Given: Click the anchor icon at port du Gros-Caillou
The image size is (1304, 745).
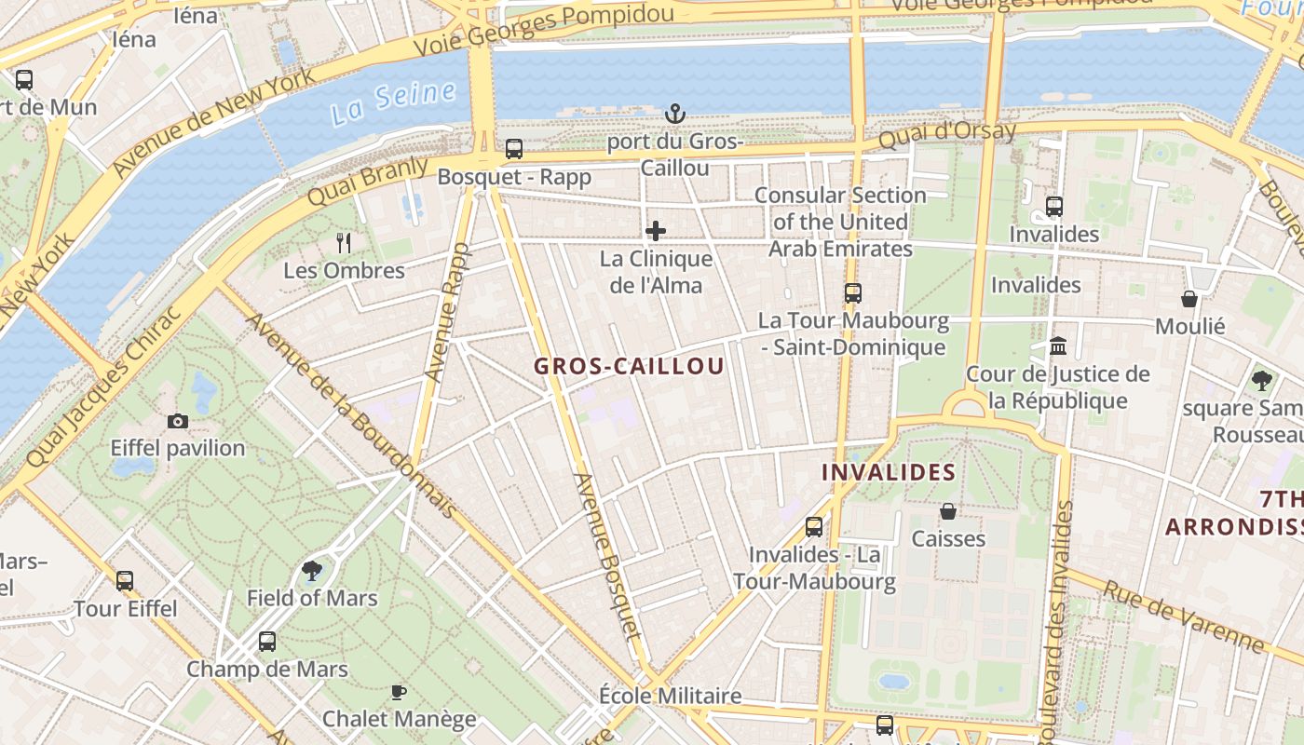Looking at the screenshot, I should pyautogui.click(x=674, y=114).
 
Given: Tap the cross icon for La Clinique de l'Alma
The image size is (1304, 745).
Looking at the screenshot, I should pyautogui.click(x=656, y=231).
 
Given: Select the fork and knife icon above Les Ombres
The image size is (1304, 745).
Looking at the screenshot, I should pyautogui.click(x=344, y=243).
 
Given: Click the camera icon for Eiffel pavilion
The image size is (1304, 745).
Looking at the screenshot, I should pyautogui.click(x=178, y=421).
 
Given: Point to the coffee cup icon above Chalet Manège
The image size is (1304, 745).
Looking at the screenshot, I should pyautogui.click(x=399, y=692).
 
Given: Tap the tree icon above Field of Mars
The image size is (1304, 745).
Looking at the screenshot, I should pyautogui.click(x=312, y=570).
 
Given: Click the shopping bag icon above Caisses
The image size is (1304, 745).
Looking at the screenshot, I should pyautogui.click(x=947, y=511).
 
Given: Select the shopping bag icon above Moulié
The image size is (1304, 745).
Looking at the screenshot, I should pyautogui.click(x=1189, y=299).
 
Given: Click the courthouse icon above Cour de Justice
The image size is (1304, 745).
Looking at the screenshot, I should pyautogui.click(x=1058, y=346).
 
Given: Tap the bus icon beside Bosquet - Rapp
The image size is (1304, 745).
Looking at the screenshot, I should pyautogui.click(x=514, y=149).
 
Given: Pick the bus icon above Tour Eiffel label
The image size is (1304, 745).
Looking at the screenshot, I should pyautogui.click(x=125, y=581).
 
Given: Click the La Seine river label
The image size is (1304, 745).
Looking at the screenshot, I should pyautogui.click(x=393, y=102).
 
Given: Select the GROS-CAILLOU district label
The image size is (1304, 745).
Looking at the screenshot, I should pyautogui.click(x=629, y=366).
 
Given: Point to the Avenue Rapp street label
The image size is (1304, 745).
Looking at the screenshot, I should pyautogui.click(x=448, y=312).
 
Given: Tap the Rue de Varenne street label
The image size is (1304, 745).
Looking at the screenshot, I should pyautogui.click(x=1183, y=616).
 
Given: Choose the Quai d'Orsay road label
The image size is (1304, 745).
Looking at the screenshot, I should pyautogui.click(x=946, y=136).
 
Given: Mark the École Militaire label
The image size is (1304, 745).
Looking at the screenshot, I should pyautogui.click(x=670, y=696).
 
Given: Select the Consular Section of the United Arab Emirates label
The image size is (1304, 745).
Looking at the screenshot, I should pyautogui.click(x=840, y=222).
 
